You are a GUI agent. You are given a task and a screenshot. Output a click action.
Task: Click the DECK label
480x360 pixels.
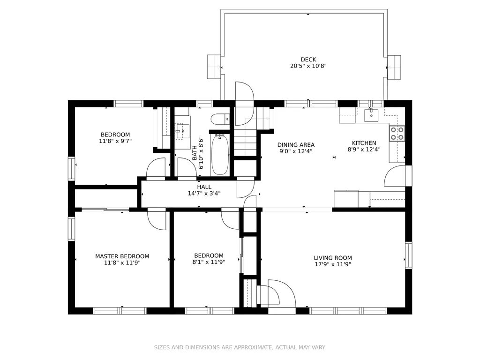point(308,60)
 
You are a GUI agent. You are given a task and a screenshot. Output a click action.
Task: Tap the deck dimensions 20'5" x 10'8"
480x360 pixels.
point(308,66)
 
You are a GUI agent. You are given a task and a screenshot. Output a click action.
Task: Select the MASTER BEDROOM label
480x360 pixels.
point(122,256)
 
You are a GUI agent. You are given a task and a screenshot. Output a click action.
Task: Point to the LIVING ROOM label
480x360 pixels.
point(333,258)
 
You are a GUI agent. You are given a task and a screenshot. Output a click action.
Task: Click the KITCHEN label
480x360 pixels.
point(364,143)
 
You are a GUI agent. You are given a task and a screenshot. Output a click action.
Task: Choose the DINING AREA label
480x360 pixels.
point(296,145)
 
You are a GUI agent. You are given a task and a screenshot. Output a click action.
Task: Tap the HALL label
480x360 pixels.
point(204,187)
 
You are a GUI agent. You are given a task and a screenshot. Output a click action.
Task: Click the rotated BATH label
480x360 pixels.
point(195,153)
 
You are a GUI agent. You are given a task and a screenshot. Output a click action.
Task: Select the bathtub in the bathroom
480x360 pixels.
point(220,154)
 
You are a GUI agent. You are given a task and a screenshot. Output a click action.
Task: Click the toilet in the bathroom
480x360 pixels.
point(220,119)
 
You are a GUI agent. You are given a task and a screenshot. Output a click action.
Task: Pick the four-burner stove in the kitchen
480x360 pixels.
point(397,134)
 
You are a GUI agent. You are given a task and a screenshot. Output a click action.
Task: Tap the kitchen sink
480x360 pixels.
point(371,115)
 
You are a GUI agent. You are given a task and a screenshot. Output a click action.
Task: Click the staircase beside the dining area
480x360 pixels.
point(245,142)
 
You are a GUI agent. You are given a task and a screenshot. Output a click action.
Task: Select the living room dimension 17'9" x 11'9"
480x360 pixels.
point(333,264)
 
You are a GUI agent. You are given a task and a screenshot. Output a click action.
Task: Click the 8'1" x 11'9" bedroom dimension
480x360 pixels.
point(209,262)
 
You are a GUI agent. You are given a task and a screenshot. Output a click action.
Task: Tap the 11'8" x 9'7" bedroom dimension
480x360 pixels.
point(115,141)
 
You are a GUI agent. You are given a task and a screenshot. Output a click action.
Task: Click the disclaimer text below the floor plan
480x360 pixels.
point(240,347)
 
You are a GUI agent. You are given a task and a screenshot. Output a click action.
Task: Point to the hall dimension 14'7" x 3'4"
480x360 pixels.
point(204,194)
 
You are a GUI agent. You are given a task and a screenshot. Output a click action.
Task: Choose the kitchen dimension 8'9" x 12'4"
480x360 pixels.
point(364,150)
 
